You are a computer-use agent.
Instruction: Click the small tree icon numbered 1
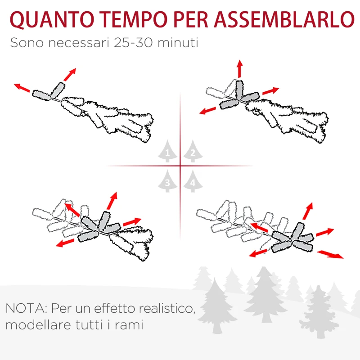[x=167, y=152]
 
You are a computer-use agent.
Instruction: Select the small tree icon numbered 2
[x=193, y=152]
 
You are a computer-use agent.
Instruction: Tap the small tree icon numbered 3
[x=167, y=181]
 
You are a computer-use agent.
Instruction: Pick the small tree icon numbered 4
[x=193, y=181]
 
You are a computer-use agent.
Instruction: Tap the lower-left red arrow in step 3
[x=66, y=243]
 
